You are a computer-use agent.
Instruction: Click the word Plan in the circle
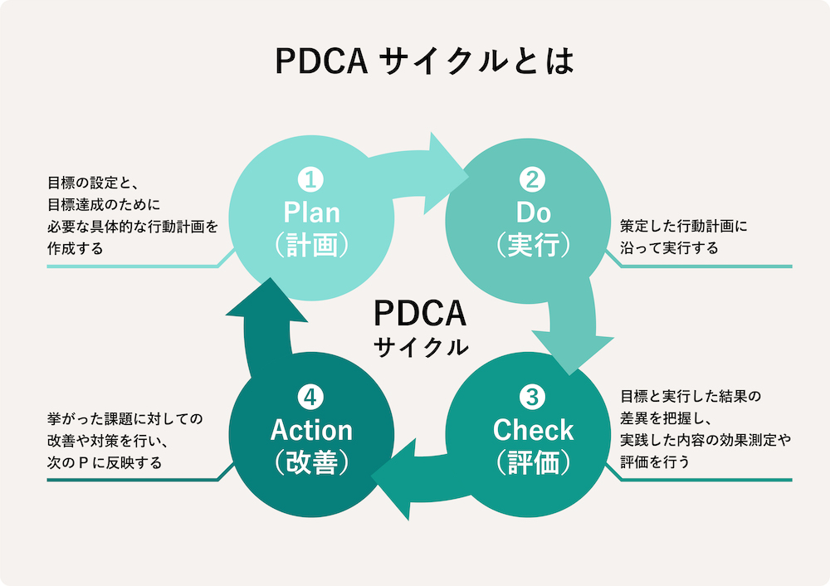(x=311, y=212)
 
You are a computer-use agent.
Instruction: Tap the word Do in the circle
(x=533, y=212)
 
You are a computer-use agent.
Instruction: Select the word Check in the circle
(x=533, y=430)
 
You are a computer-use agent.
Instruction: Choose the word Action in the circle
(x=311, y=430)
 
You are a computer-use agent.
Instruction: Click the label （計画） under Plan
(x=311, y=246)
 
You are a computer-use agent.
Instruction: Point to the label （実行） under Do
(x=533, y=246)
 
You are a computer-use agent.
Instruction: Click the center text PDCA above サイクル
(x=421, y=315)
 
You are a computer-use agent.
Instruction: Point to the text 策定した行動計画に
(x=685, y=226)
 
